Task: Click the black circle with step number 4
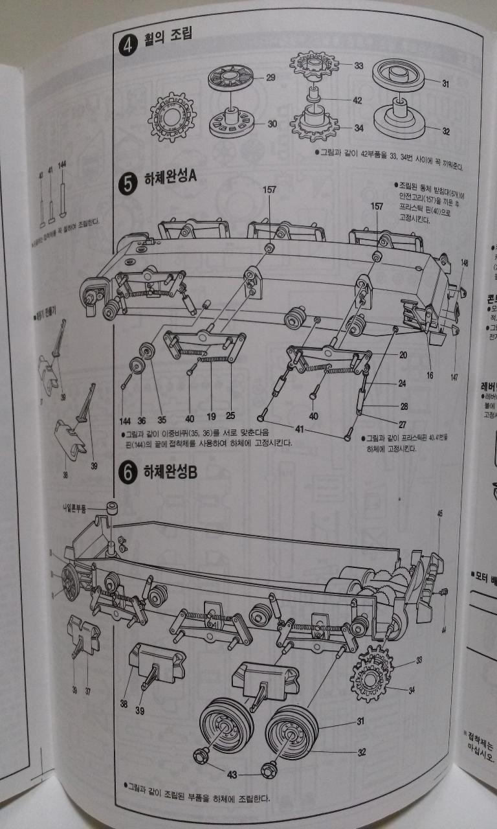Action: (127, 48)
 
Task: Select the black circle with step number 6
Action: (127, 473)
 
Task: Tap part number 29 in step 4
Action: (271, 77)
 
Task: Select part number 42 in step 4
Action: (357, 100)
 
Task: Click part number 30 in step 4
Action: (271, 123)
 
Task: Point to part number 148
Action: (464, 263)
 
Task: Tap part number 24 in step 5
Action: (402, 383)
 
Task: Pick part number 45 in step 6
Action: (439, 513)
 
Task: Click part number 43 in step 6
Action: (231, 773)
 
